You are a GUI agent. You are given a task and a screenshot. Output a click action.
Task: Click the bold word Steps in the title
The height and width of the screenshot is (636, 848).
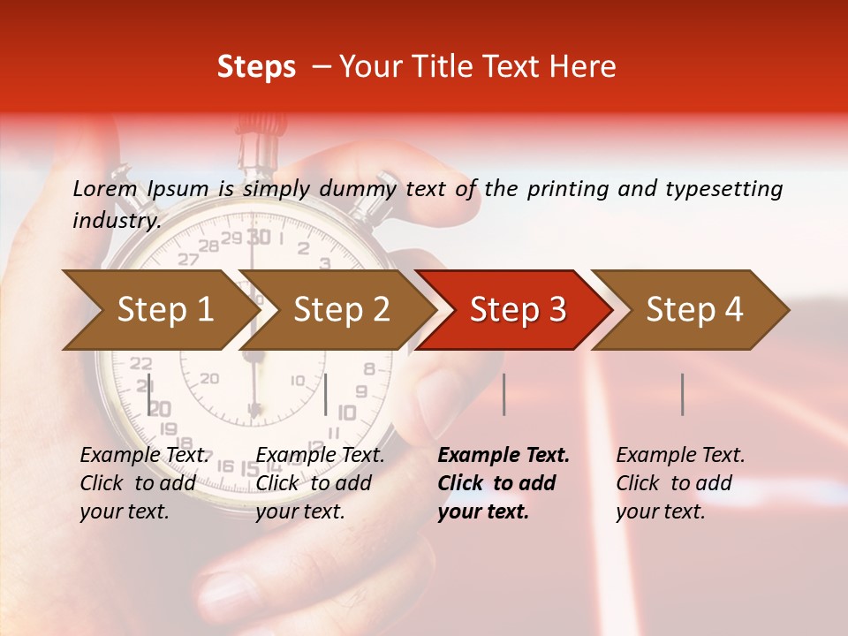coord(256,66)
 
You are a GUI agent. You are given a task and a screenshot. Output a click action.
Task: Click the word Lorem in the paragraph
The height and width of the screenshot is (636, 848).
coord(104,188)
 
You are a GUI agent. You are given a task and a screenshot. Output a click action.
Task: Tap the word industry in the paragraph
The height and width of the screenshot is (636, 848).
coord(116,220)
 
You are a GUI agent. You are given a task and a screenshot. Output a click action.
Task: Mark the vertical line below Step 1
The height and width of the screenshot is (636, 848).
coord(148,394)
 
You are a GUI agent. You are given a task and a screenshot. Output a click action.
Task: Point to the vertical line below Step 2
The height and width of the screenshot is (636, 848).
coord(326,394)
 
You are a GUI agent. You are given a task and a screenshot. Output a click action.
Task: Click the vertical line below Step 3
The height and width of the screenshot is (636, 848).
coord(503,394)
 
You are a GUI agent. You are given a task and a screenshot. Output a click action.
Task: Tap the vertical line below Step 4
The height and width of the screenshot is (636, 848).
coord(682,394)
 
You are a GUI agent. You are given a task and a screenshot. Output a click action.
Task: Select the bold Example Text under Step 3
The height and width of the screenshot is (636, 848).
coord(503,455)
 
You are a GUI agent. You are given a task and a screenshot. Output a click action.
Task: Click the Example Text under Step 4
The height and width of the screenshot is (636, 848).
coord(680,455)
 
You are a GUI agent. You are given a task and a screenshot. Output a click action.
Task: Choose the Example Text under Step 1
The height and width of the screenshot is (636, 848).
coord(145,455)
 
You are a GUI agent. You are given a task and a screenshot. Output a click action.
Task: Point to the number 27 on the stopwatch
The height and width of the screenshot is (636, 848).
coord(188,260)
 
